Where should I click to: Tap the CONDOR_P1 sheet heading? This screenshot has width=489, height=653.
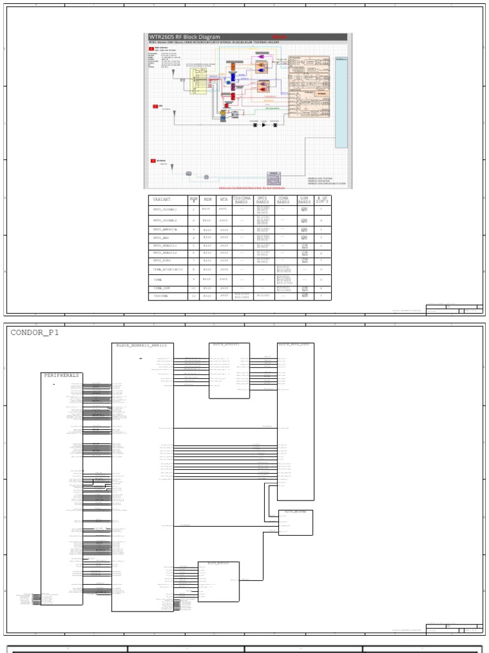click(36, 332)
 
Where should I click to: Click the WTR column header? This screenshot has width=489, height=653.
click(223, 200)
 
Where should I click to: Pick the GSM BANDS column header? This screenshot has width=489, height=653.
click(304, 200)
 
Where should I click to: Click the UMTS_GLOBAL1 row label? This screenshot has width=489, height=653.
click(164, 209)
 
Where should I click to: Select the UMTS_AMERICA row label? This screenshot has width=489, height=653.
click(165, 229)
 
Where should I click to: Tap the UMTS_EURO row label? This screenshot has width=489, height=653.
click(161, 260)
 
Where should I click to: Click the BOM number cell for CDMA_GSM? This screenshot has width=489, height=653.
click(193, 288)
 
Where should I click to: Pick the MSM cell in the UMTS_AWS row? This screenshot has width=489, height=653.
click(206, 238)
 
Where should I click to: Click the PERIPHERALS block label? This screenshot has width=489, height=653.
click(62, 376)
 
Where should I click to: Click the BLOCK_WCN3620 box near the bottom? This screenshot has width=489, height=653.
click(218, 582)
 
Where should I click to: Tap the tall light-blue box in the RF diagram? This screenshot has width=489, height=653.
click(341, 102)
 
